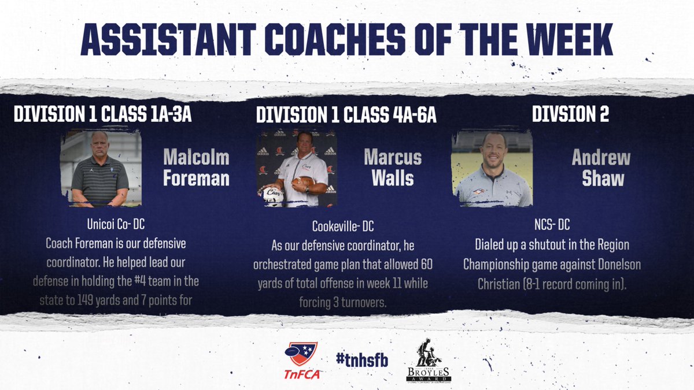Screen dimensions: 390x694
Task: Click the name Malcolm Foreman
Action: [196, 168]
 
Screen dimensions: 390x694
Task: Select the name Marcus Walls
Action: [393, 168]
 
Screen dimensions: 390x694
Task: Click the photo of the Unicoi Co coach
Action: [101, 169]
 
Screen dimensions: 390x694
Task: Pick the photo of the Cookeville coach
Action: [297, 168]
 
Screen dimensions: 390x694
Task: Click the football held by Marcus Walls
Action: [302, 184]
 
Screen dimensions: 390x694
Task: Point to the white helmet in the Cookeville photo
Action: [273, 196]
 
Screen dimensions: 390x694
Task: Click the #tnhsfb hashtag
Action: [362, 359]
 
